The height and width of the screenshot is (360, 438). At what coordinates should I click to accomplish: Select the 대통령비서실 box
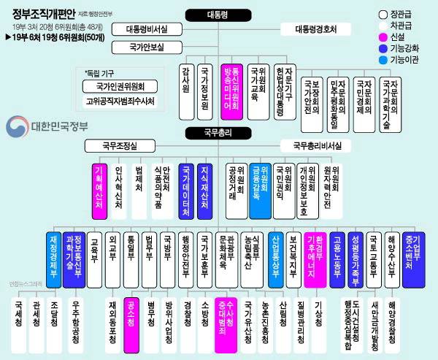coord(157,30)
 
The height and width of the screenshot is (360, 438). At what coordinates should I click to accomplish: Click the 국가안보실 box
coord(147,47)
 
